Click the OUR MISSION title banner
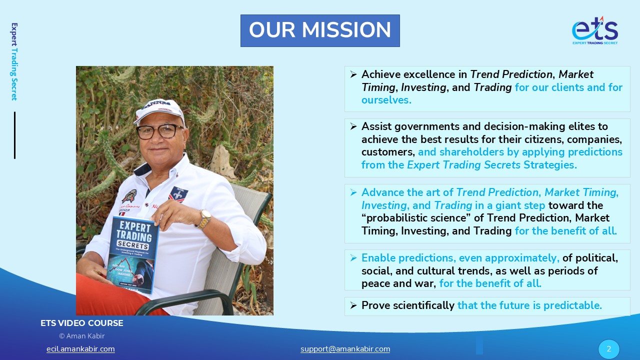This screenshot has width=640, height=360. click(320, 30)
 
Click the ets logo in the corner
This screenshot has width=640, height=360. click(595, 30)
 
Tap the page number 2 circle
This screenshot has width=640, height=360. click(609, 349)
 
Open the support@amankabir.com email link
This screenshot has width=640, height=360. click(345, 349)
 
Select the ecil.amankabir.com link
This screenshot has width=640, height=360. click(80, 349)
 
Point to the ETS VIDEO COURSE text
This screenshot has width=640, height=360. click(81, 323)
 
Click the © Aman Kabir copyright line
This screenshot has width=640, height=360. click(81, 336)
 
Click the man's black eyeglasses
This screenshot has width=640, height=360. click(159, 131)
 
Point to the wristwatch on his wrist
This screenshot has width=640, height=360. click(204, 219)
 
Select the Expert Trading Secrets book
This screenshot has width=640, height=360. click(132, 254)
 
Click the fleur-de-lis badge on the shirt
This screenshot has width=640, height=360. click(178, 194)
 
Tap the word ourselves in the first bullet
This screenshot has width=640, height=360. click(386, 100)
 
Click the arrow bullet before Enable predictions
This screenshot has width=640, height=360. click(353, 258)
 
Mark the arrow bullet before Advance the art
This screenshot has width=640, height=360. click(353, 192)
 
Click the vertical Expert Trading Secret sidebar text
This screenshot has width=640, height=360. click(14, 61)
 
